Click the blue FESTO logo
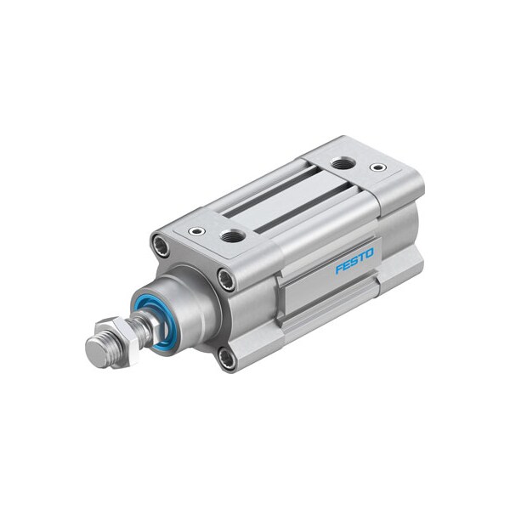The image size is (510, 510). (354, 261)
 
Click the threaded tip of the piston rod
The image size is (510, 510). (97, 350)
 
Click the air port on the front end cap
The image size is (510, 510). (233, 235)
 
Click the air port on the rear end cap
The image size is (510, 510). (343, 162)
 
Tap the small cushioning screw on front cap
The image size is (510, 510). (197, 230)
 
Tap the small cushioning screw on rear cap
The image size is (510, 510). (378, 167)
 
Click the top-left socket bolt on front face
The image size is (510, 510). (160, 246)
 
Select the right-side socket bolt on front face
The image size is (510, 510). (225, 278)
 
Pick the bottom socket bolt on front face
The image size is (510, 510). (226, 358)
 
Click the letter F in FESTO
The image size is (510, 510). (338, 269)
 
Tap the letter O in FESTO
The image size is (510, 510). (369, 253)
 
